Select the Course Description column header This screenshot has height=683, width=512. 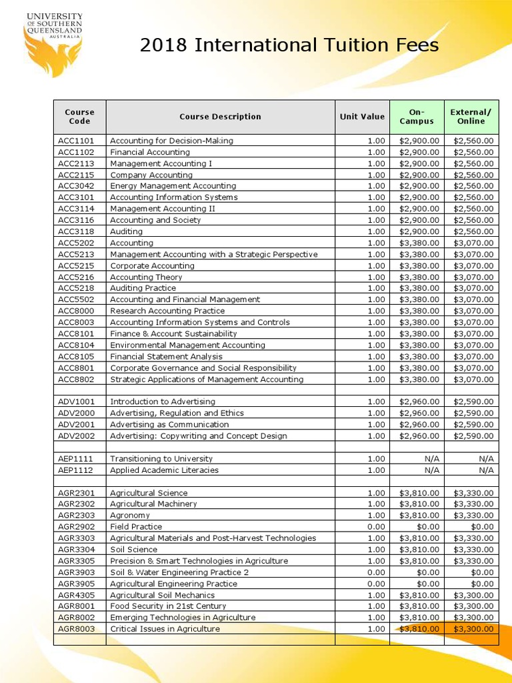pyautogui.click(x=220, y=117)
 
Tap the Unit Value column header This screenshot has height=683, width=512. pyautogui.click(x=362, y=117)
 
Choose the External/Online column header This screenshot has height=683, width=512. pyautogui.click(x=471, y=117)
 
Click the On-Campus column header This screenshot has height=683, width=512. pyautogui.click(x=416, y=117)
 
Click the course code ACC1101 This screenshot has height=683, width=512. pyautogui.click(x=76, y=141)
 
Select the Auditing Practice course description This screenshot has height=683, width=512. pyautogui.click(x=143, y=288)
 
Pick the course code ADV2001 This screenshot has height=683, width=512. pyautogui.click(x=76, y=424)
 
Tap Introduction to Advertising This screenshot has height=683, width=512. pyautogui.click(x=162, y=402)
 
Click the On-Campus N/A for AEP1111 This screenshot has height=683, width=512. pyautogui.click(x=432, y=458)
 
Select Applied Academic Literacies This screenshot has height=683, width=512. pyautogui.click(x=164, y=470)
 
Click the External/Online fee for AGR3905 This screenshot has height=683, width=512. pyautogui.click(x=483, y=584)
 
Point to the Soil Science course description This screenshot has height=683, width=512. pyautogui.click(x=133, y=550)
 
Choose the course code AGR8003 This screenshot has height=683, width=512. pyautogui.click(x=76, y=629)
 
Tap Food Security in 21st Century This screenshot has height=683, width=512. pyautogui.click(x=167, y=606)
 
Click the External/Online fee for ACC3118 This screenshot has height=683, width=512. pyautogui.click(x=473, y=231)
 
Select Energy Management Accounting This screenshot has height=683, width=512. pyautogui.click(x=173, y=186)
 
